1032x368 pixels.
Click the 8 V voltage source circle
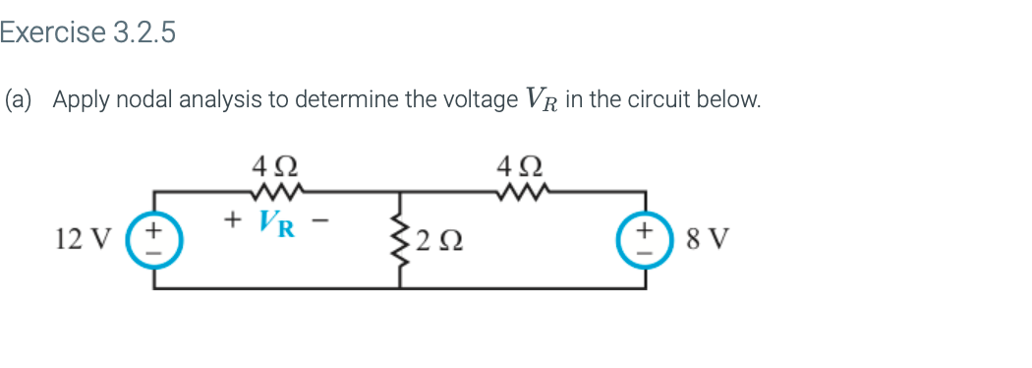coord(646,240)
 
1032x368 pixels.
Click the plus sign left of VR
coord(234,217)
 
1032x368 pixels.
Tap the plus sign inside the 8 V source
coord(646,230)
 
